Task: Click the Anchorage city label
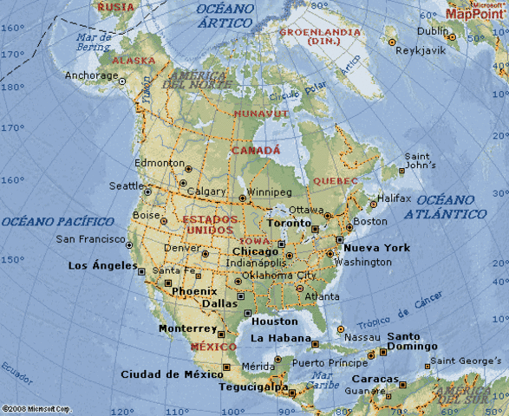(90, 75)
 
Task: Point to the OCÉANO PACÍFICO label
(57, 222)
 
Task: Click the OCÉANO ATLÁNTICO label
(450, 206)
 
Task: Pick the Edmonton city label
(160, 162)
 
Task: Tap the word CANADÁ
(255, 150)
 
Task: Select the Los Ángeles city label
(102, 265)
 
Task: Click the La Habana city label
(279, 337)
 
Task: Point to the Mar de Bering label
(94, 42)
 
